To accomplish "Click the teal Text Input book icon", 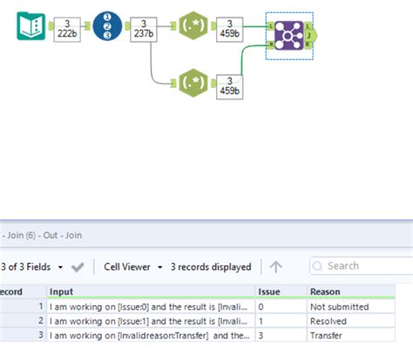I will point(31,26).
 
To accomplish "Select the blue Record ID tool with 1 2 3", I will point(107,26).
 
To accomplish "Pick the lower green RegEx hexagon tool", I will point(191,84).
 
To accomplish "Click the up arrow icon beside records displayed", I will point(275,267).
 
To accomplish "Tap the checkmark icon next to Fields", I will point(78,267).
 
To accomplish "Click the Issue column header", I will point(269,291).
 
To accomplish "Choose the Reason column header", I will point(326,291).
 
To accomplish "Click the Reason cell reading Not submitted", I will point(341,307).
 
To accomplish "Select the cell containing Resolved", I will point(331,321).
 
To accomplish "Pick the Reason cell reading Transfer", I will point(329,335).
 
